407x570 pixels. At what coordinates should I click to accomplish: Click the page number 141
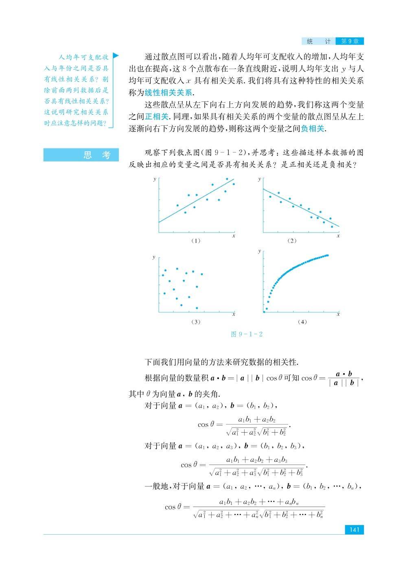354,530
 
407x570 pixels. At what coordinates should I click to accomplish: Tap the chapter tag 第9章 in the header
349,41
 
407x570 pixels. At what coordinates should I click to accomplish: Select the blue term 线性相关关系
169,92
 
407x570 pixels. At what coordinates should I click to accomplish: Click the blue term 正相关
157,117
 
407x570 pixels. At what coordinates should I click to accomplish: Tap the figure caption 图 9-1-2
247,334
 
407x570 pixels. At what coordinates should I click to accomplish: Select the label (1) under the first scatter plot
196,241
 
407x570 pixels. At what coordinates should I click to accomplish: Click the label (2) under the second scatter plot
292,241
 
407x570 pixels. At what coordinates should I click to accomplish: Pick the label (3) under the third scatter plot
196,322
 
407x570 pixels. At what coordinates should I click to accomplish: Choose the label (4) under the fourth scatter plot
302,322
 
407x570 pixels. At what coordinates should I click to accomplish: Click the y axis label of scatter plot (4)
260,251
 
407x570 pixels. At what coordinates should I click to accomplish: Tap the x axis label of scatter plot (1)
234,236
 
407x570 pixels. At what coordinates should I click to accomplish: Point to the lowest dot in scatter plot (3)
197,308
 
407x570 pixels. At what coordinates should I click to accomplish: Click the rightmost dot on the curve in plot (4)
328,255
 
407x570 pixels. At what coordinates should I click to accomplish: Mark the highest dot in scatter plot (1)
227,179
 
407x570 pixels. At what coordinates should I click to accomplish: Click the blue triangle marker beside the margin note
116,55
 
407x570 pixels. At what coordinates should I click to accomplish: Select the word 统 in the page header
310,41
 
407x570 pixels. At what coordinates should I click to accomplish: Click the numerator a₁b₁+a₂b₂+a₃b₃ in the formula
257,460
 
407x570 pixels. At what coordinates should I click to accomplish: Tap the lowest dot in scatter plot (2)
332,227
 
